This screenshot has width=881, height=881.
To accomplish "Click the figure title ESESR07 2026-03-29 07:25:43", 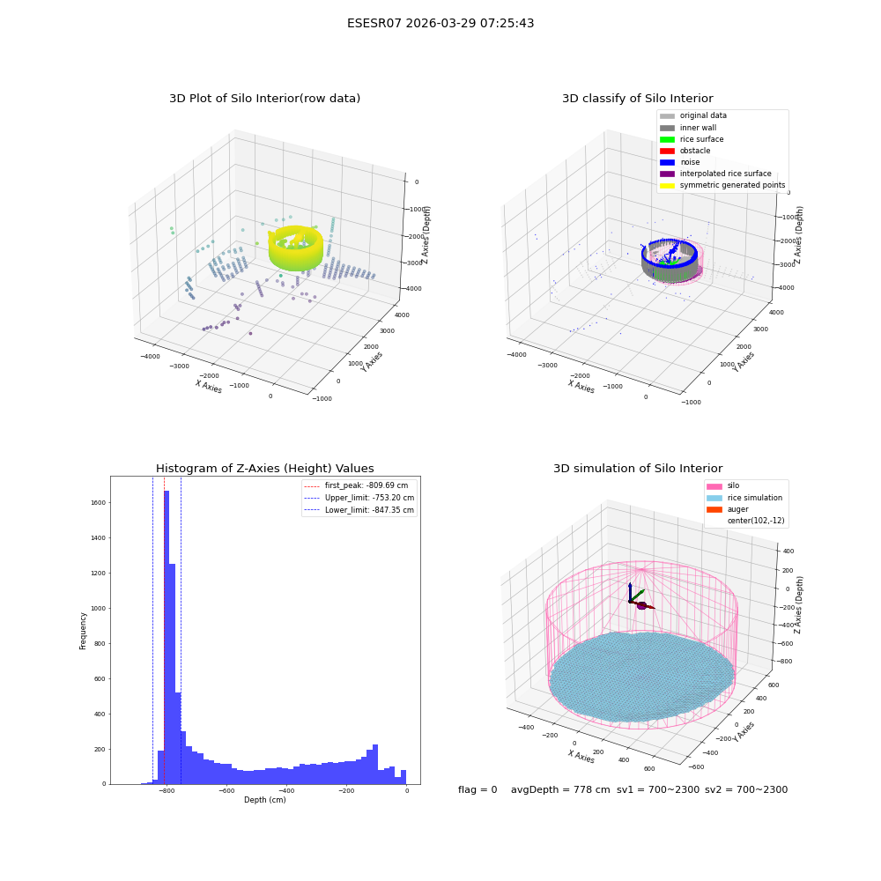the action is pyautogui.click(x=440, y=23).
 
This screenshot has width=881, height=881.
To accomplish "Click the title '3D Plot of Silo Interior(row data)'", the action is pyautogui.click(x=264, y=99).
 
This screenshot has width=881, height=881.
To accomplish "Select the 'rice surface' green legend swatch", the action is pyautogui.click(x=667, y=139).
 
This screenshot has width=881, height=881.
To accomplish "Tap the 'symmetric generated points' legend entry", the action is pyautogui.click(x=722, y=185).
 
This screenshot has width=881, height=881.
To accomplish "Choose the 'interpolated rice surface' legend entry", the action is pyautogui.click(x=715, y=174).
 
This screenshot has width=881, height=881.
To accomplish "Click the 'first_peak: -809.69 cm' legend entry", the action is pyautogui.click(x=356, y=485).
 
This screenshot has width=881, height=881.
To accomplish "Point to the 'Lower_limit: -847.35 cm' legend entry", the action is pyautogui.click(x=359, y=510).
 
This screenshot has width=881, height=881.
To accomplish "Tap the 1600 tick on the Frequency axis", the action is pyautogui.click(x=99, y=503).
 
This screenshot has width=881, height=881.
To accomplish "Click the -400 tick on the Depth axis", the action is pyautogui.click(x=286, y=790).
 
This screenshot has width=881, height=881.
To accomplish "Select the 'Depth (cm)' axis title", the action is pyautogui.click(x=265, y=800).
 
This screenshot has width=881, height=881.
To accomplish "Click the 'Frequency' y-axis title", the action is pyautogui.click(x=83, y=631).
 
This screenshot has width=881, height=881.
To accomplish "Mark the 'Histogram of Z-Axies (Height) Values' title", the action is pyautogui.click(x=264, y=469).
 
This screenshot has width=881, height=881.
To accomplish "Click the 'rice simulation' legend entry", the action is pyautogui.click(x=744, y=498).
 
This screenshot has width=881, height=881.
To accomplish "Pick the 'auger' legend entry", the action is pyautogui.click(x=728, y=509).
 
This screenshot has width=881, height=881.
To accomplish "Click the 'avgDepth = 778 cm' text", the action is pyautogui.click(x=560, y=790).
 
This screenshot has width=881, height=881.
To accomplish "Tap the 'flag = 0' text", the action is pyautogui.click(x=478, y=790).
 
